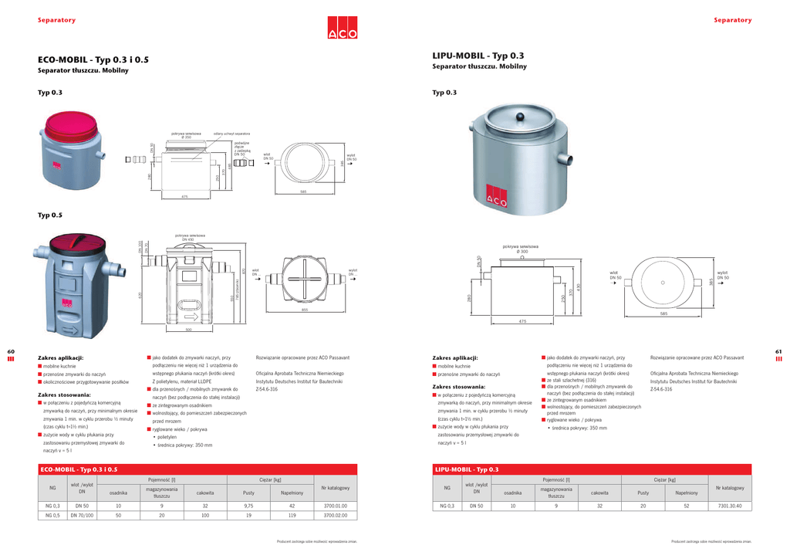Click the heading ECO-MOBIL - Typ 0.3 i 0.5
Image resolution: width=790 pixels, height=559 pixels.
tap(93, 59)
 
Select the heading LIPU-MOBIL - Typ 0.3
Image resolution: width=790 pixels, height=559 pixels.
tap(478, 56)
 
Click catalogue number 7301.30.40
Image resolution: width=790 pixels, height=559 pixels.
tap(729, 506)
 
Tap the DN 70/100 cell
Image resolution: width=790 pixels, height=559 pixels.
tap(82, 515)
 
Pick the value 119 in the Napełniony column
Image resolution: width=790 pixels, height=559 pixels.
tap(292, 515)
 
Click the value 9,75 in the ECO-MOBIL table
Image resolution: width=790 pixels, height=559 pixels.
tap(249, 506)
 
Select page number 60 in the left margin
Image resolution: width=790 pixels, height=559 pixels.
tap(11, 352)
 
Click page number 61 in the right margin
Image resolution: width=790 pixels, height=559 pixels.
tap(778, 352)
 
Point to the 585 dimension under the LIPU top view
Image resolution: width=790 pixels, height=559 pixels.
tap(663, 314)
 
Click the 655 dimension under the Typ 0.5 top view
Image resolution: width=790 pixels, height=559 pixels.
tap(305, 310)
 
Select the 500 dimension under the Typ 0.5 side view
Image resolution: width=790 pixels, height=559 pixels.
tap(188, 330)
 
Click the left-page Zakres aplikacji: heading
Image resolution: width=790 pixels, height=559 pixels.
tap(60, 358)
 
